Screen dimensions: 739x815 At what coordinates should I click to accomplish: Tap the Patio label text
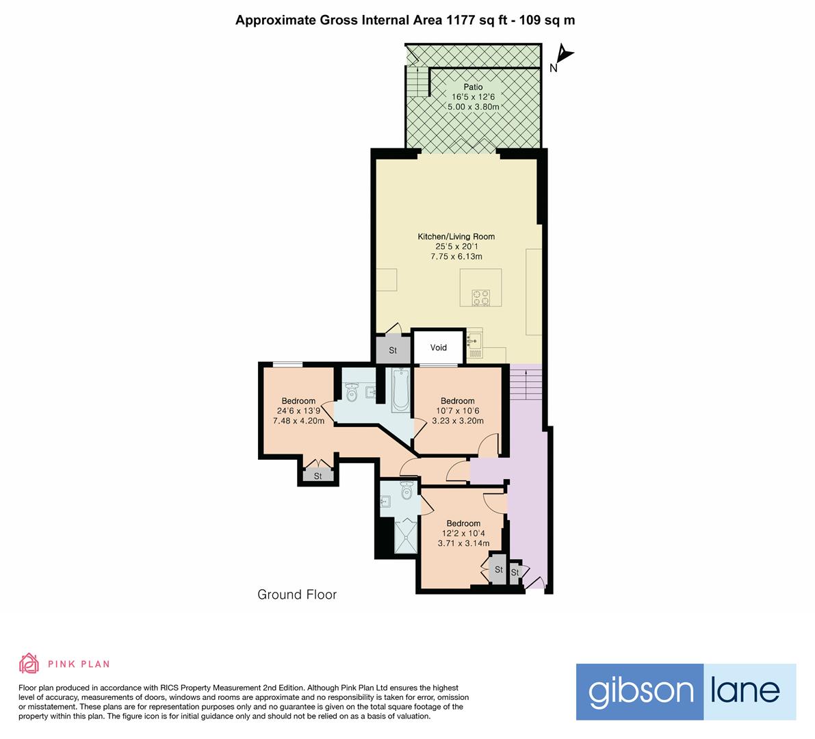pyautogui.click(x=473, y=87)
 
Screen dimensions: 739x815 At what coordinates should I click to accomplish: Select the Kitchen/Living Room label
pyautogui.click(x=456, y=237)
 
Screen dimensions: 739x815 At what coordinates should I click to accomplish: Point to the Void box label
pyautogui.click(x=439, y=348)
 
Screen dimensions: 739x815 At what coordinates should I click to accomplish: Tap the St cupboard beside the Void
pyautogui.click(x=393, y=350)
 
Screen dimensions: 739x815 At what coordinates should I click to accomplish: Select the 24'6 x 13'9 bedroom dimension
pyautogui.click(x=298, y=411)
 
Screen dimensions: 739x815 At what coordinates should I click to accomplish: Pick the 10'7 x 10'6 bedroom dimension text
pyautogui.click(x=457, y=411)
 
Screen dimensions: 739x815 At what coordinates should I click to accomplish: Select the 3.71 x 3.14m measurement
pyautogui.click(x=463, y=543)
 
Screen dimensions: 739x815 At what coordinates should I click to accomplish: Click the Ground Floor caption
pyautogui.click(x=297, y=595)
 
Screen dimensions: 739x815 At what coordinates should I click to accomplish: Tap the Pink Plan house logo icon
pyautogui.click(x=29, y=663)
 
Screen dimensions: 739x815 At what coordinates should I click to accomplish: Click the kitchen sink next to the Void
pyautogui.click(x=475, y=339)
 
